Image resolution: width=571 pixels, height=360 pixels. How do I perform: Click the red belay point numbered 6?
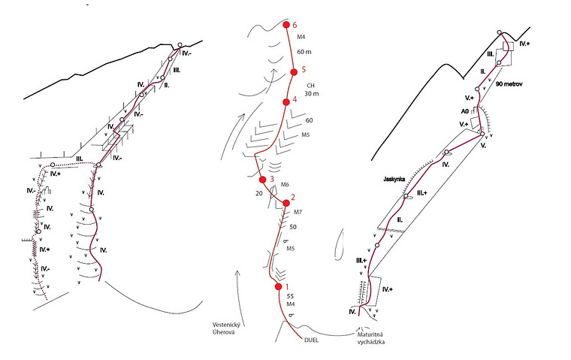pos(286,26)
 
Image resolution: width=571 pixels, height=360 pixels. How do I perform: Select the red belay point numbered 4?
pos(285,101)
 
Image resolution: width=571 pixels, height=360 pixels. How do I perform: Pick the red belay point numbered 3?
pos(263,180)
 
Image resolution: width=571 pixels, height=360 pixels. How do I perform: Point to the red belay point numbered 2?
pos(286,202)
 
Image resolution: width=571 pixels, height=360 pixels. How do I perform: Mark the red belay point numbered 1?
pos(279,286)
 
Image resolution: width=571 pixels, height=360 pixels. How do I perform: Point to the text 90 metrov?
pos(510,85)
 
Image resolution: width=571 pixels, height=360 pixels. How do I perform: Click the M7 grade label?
pos(298,212)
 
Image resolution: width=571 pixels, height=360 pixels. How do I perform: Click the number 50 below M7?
pos(294,225)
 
